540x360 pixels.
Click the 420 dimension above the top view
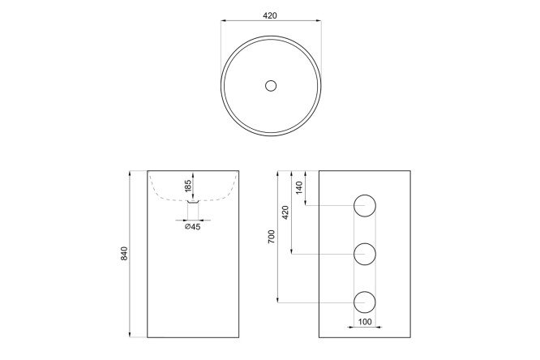tap(270, 15)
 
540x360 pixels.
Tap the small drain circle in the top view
tap(271, 85)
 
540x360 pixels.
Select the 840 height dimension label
tap(124, 253)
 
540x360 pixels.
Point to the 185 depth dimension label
tap(187, 186)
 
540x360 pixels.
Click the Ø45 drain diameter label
tap(192, 226)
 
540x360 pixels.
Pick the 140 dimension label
tap(299, 187)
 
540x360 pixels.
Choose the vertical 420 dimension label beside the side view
tap(285, 212)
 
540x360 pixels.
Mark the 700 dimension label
tap(272, 237)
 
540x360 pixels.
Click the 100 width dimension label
tap(365, 322)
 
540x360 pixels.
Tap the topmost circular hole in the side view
tap(365, 206)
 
